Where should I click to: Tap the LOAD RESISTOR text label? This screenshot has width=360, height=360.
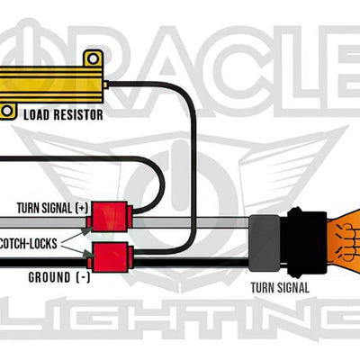(62, 114)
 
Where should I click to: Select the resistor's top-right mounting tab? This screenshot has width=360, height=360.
(90, 58)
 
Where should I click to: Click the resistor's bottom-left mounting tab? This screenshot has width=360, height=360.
(8, 110)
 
